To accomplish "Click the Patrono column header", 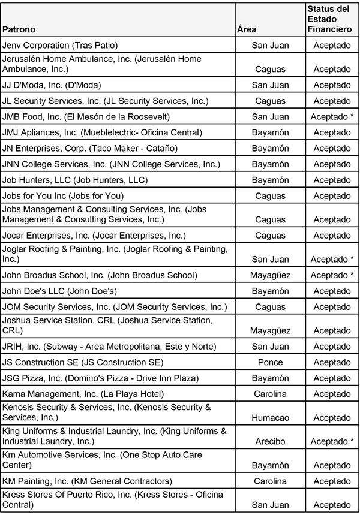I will tap(19, 29).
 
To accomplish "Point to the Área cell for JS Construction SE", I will tap(270, 362).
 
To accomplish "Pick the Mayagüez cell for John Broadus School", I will tap(270, 275).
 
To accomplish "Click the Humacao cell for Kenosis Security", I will tap(270, 417).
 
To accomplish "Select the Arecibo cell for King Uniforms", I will tap(270, 441).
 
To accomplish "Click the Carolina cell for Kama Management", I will tap(270, 394).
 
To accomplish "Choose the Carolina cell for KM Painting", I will tap(270, 481).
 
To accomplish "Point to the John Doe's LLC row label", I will tap(59, 291).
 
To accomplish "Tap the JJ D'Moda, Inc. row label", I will tap(52, 85).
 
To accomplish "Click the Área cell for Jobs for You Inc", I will tap(270, 195).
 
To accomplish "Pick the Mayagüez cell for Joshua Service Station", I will tap(270, 330).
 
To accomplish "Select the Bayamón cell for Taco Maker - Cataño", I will tap(270, 148).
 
